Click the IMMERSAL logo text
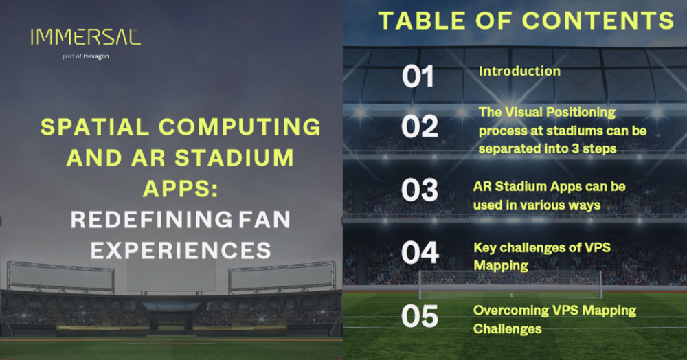coord(85,37)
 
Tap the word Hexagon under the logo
coord(96,56)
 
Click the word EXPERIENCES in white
coord(181,250)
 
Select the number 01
coord(418,77)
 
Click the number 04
coord(420,254)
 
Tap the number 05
coord(420,317)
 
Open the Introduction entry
coord(519,71)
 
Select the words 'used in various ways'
coord(537,204)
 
